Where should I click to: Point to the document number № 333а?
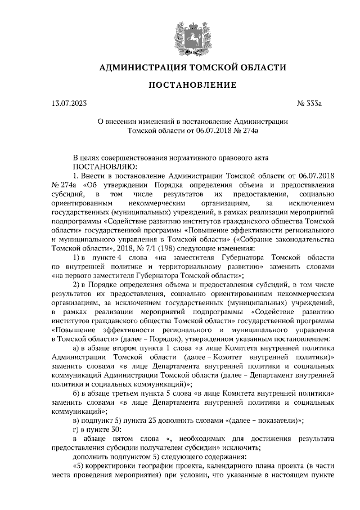(x=308, y=103)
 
